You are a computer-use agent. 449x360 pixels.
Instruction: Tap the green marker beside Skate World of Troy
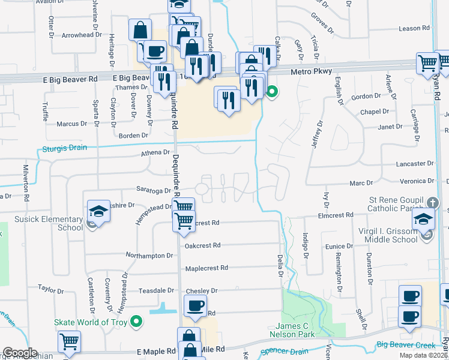pos(137,322)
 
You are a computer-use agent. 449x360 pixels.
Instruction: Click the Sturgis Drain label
pos(64,148)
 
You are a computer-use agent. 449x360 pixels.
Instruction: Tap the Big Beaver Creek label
pos(406,344)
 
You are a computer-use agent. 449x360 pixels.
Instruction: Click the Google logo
pos(20,353)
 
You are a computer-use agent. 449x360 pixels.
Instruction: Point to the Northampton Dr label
pos(149,256)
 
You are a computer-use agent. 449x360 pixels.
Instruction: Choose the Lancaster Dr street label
pos(414,163)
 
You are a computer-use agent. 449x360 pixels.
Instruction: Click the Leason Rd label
pos(414,28)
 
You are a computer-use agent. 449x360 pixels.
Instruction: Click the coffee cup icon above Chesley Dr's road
pos(195,305)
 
